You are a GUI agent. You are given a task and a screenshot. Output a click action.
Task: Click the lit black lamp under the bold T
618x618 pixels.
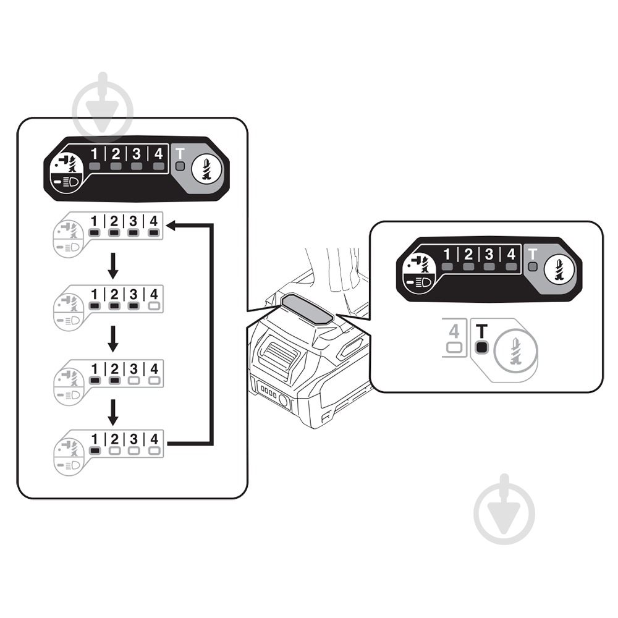pyautogui.click(x=481, y=347)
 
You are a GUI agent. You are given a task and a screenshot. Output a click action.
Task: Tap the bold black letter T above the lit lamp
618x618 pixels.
pyautogui.click(x=481, y=331)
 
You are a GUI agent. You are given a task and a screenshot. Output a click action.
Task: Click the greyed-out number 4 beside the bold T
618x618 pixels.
pyautogui.click(x=454, y=331)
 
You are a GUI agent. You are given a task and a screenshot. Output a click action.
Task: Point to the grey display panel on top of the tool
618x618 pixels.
pyautogui.click(x=307, y=309)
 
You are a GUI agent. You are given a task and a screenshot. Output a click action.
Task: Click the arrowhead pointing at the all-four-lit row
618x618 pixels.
pyautogui.click(x=171, y=226)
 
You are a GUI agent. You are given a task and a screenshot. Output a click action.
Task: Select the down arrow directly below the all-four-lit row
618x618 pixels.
pyautogui.click(x=113, y=266)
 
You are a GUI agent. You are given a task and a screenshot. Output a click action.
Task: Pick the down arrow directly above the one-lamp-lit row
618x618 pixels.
pyautogui.click(x=113, y=412)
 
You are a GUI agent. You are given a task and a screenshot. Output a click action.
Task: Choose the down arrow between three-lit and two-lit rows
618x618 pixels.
pyautogui.click(x=113, y=339)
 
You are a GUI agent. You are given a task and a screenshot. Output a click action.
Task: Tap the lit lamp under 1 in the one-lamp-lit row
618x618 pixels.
pyautogui.click(x=95, y=451)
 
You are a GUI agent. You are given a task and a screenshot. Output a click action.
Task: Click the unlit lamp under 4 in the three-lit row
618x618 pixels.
pyautogui.click(x=154, y=306)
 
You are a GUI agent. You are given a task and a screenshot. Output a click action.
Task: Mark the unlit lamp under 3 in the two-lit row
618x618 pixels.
pyautogui.click(x=134, y=381)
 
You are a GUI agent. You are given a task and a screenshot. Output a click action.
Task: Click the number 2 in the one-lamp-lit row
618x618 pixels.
pyautogui.click(x=114, y=439)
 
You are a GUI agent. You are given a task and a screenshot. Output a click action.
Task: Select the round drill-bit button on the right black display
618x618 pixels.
pyautogui.click(x=559, y=269)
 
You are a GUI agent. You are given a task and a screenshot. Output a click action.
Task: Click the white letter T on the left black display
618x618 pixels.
pyautogui.click(x=180, y=154)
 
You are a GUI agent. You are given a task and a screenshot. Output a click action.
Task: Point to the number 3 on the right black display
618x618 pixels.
pyautogui.click(x=489, y=254)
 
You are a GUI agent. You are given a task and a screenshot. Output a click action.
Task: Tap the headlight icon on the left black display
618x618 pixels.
pyautogui.click(x=67, y=182)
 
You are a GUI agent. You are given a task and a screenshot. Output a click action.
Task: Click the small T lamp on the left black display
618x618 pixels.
pyautogui.click(x=180, y=166)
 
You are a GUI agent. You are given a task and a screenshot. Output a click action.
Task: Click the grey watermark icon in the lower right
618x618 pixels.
pyautogui.click(x=504, y=509)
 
